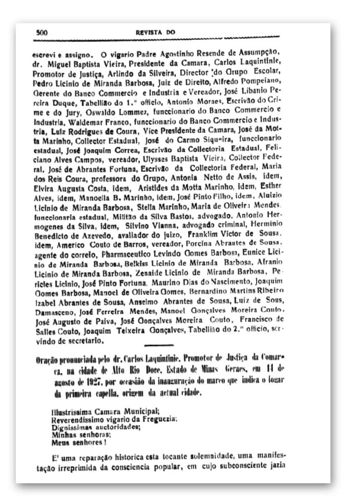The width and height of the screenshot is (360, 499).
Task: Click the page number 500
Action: coord(41,32)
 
